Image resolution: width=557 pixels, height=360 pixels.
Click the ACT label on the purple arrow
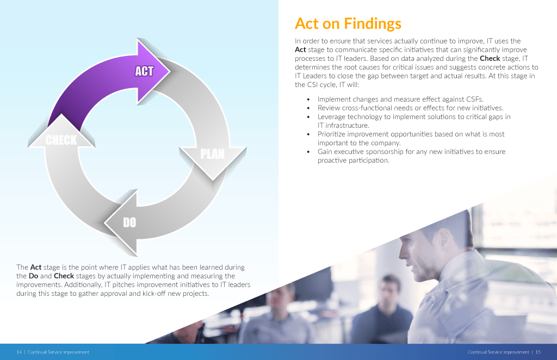[x=144, y=71]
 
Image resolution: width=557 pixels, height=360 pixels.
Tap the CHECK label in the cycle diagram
[x=61, y=140]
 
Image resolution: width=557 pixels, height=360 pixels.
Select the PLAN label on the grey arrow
[x=213, y=154]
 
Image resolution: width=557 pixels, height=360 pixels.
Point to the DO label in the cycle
[x=129, y=222]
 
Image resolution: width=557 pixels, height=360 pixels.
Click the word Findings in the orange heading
[x=373, y=24]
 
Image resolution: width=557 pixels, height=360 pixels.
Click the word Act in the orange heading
[x=307, y=24]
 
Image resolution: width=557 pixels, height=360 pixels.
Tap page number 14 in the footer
[x=19, y=352]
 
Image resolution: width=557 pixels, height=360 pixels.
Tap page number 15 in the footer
[x=538, y=352]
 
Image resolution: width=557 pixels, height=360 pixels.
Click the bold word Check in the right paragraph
[x=490, y=59]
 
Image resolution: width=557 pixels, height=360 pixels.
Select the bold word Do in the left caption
[x=33, y=276]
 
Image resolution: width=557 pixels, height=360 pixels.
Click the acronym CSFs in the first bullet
[x=474, y=100]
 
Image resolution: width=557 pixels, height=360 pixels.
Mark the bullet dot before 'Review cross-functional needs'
[x=308, y=108]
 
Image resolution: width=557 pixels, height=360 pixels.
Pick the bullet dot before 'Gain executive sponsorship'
[x=308, y=152]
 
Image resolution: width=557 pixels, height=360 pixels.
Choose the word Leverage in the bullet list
[x=331, y=117]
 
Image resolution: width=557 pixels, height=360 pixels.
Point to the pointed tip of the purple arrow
[x=170, y=71]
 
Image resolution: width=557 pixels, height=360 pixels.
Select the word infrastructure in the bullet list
[x=347, y=126]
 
